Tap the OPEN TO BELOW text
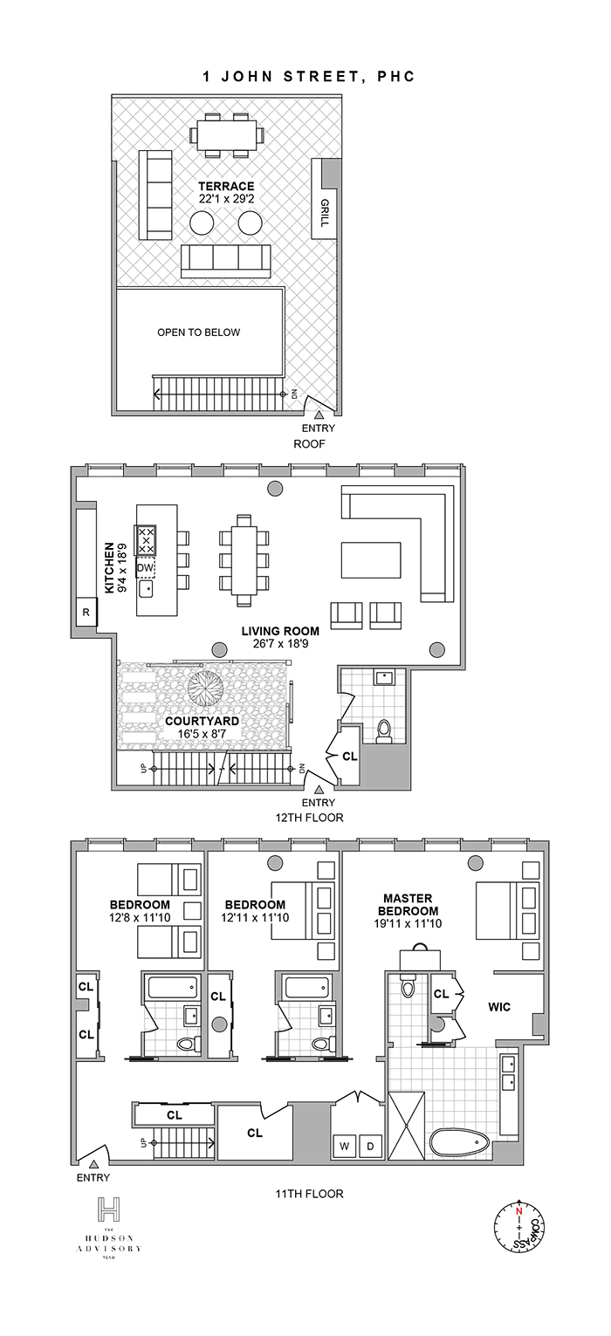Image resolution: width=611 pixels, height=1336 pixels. click(198, 332)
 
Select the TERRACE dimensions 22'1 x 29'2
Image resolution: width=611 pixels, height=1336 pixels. click(225, 199)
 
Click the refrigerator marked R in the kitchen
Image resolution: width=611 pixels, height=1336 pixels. click(86, 612)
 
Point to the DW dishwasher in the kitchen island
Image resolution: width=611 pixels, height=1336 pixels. click(146, 568)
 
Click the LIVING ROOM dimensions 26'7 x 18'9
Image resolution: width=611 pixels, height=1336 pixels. click(280, 646)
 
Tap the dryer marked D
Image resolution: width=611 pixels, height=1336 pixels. click(369, 1145)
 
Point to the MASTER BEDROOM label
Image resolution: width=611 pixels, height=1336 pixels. click(415, 904)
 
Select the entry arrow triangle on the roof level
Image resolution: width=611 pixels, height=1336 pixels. click(319, 415)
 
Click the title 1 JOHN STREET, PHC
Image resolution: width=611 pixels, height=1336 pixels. click(307, 77)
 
